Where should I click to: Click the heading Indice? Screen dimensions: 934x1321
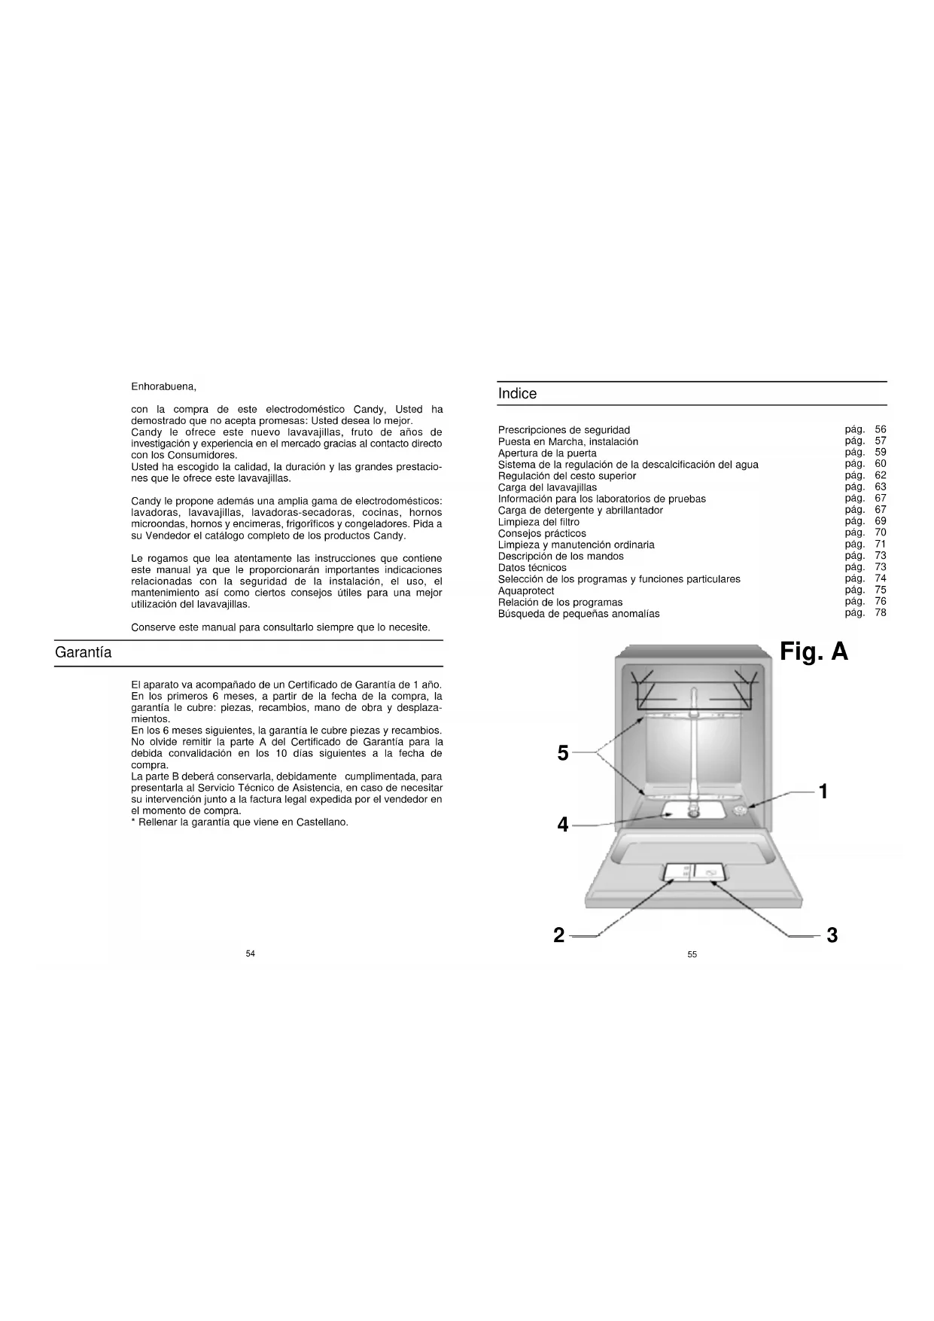517,394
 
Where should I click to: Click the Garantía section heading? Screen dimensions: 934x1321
83,653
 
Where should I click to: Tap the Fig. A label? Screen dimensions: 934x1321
814,651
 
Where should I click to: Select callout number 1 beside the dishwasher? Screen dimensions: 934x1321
823,792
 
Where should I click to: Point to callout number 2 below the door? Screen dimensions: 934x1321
558,935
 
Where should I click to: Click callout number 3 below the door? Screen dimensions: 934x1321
832,935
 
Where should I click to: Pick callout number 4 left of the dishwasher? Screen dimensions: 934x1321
562,825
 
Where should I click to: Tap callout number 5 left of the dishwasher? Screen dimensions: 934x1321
562,752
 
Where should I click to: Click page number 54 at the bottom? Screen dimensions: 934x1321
251,953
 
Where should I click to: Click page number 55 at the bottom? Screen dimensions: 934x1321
692,954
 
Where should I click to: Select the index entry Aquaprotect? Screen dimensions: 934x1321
526,590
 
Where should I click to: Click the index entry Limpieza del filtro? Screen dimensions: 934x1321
539,522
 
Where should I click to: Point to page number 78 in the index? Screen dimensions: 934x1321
881,612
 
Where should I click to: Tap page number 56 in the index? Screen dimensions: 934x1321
881,429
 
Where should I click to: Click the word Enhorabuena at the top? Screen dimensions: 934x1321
163,387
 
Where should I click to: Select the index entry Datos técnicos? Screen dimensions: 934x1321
532,568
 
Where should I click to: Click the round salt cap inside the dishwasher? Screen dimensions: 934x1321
740,810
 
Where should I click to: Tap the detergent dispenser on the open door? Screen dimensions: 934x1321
693,872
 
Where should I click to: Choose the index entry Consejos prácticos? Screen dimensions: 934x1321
542,533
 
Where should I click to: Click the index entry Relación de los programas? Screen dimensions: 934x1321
560,602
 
